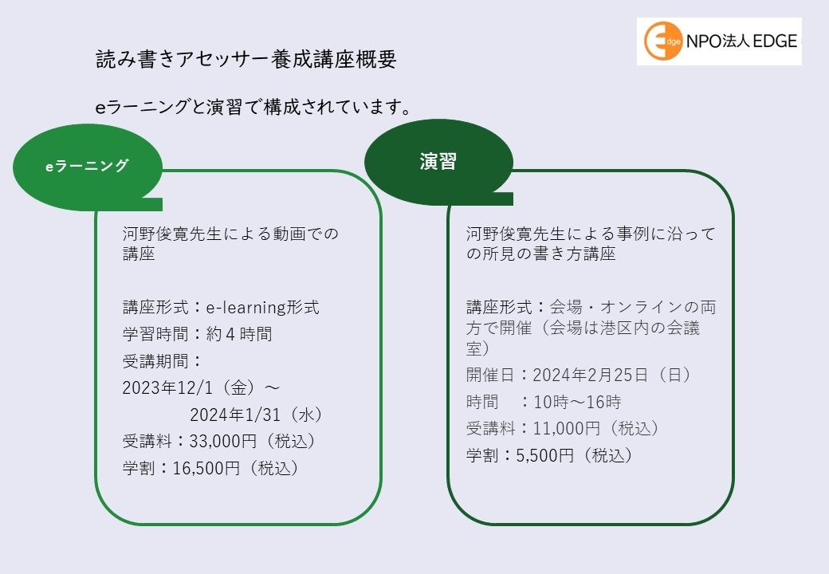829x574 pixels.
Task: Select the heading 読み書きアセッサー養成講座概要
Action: [246, 61]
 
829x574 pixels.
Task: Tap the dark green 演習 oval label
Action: [438, 162]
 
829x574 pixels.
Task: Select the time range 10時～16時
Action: [577, 402]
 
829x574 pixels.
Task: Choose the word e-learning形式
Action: [262, 307]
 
